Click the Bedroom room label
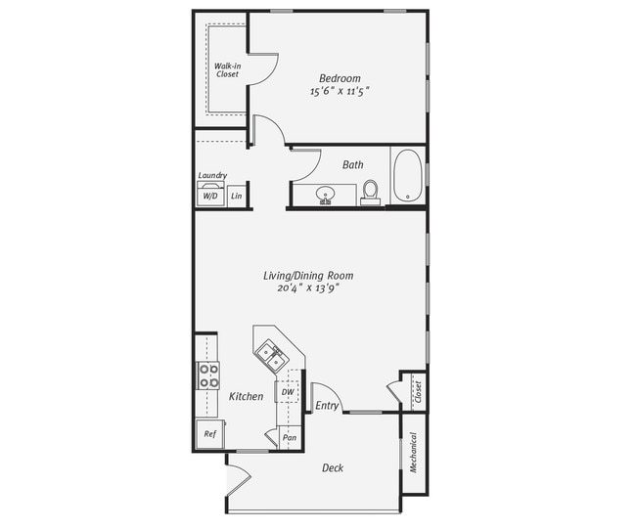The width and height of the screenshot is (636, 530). point(340,78)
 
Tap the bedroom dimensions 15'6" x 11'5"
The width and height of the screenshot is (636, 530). point(340,91)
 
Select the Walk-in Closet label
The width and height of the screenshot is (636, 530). point(226,69)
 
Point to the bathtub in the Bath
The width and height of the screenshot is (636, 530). point(407,176)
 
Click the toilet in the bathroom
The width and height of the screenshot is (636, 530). point(370,191)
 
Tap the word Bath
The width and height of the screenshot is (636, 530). point(352,164)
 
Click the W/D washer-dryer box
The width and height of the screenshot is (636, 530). point(210,196)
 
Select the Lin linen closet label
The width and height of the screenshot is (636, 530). point(236,196)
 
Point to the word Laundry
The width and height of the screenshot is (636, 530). point(212,176)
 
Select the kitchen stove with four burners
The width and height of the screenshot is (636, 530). point(208,375)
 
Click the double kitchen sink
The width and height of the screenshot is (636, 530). point(272,355)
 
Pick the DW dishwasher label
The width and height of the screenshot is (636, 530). point(288,392)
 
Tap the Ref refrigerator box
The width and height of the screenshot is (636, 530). point(209,433)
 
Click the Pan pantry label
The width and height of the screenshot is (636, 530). point(290,438)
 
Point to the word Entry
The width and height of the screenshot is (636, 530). point(326,405)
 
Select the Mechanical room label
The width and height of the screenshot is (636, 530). point(414,453)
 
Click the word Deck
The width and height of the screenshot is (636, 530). point(333,467)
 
